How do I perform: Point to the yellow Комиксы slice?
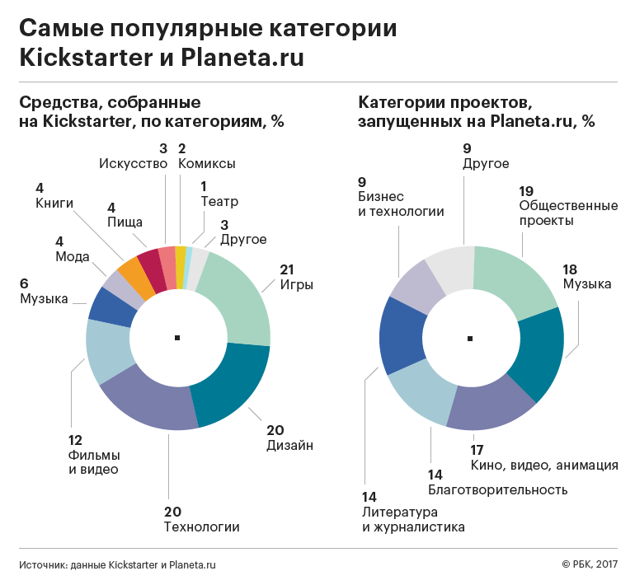pos(181,256)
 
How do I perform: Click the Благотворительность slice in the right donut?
pos(421,395)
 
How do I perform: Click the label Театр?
pos(219,200)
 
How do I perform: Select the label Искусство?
pos(133,163)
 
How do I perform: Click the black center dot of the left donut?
pos(177,338)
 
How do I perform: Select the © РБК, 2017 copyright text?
pos(589,565)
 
